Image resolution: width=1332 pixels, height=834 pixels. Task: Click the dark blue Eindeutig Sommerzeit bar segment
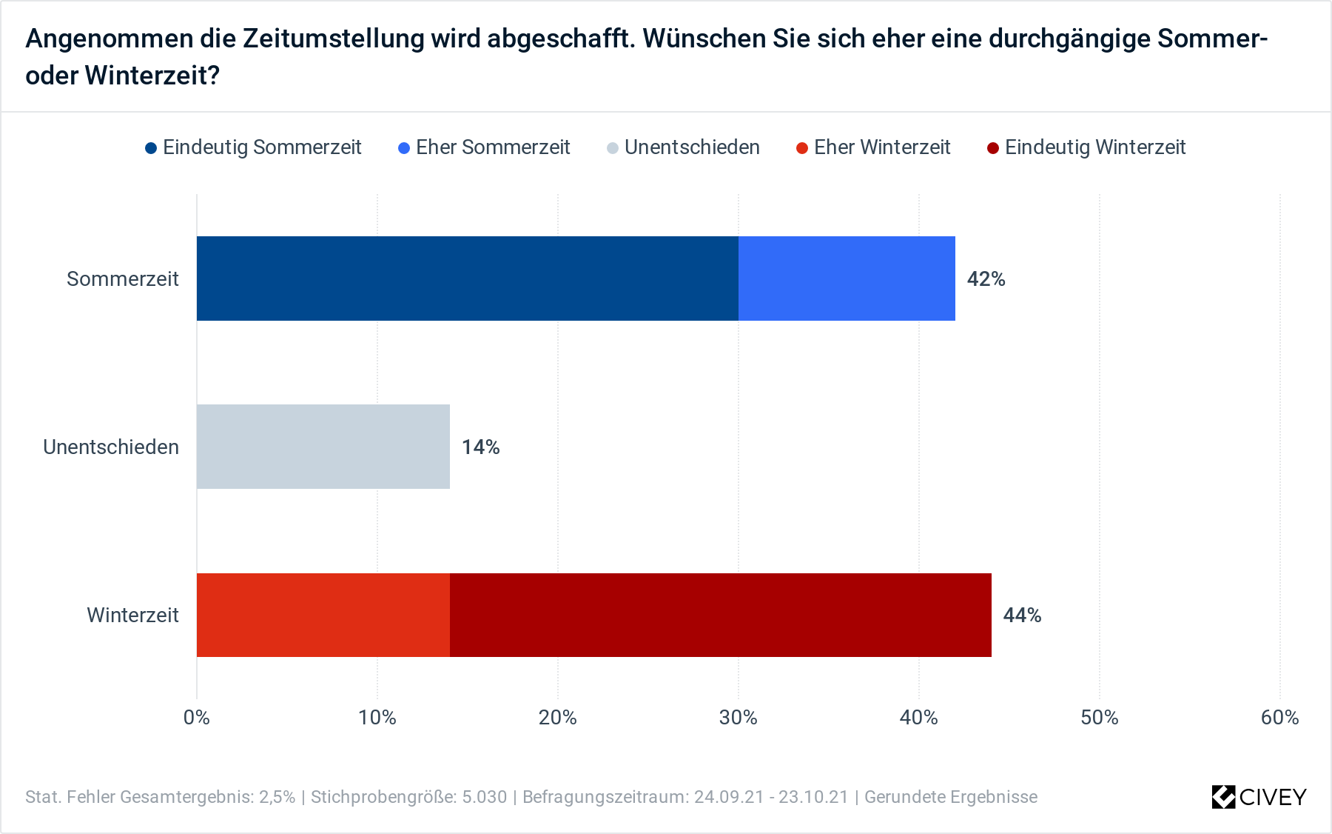coord(467,278)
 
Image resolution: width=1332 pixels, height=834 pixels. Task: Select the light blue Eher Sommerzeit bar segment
coord(847,278)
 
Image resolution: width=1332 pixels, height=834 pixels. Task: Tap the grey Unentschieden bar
coord(323,447)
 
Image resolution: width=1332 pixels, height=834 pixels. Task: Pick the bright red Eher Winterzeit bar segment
coord(323,615)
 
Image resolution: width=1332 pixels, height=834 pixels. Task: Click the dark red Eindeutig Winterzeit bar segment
coord(720,615)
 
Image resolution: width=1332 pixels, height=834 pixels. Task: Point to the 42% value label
coord(986,279)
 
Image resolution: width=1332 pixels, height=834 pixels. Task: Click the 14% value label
coord(480,447)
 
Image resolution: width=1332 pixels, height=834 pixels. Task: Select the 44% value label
coord(1022,616)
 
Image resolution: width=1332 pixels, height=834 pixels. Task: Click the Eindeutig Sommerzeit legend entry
coord(253,147)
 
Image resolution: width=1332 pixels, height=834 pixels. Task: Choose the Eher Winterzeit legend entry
coord(873,147)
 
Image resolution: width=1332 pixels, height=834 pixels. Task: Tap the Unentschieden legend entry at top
coord(683,147)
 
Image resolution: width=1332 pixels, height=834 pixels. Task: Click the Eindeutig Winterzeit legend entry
coord(1086,147)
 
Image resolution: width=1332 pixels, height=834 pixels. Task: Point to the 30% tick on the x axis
coord(738,717)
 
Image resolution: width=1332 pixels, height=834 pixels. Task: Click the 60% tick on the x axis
coord(1279,717)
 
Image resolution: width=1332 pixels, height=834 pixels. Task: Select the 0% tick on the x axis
coord(197,717)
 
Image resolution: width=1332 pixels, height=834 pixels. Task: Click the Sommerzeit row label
coord(123,279)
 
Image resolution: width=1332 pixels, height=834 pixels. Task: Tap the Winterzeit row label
coord(132,616)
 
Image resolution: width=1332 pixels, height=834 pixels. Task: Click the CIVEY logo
coord(1259,797)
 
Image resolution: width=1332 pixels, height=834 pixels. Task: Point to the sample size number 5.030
coord(485,797)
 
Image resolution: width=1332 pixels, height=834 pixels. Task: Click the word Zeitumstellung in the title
coord(333,39)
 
